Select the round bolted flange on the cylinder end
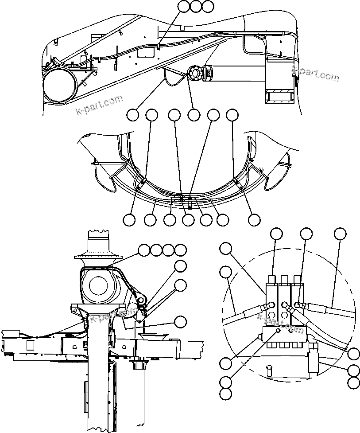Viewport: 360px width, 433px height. [x=194, y=73]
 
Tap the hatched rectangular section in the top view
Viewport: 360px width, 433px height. [x=279, y=96]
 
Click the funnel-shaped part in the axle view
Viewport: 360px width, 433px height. [x=154, y=336]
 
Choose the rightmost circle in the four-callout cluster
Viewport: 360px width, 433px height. [x=180, y=250]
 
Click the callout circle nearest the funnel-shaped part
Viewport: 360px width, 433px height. [x=180, y=322]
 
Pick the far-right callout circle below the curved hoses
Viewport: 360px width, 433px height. [x=254, y=219]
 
